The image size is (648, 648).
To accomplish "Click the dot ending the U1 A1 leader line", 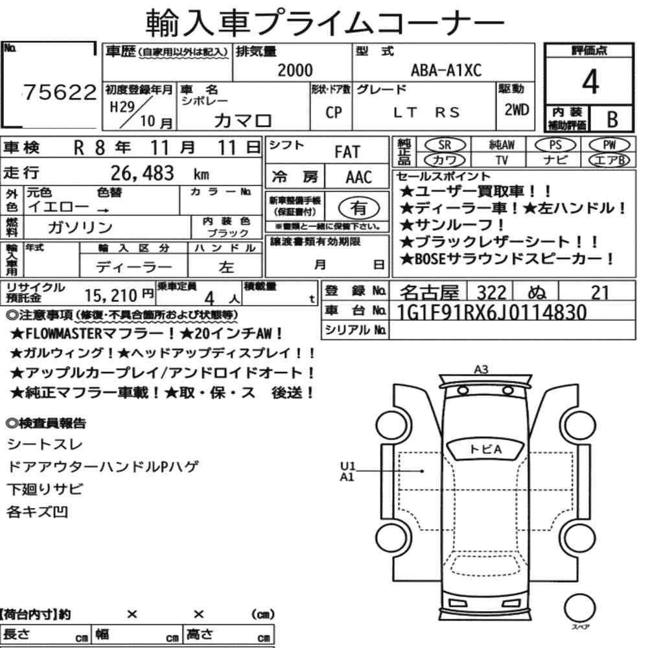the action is pos(422,471).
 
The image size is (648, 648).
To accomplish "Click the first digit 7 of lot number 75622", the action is pos(30,92).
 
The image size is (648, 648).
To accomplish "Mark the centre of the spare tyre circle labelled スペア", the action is pos(579,608).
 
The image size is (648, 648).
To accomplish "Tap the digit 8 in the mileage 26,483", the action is pos(154,173).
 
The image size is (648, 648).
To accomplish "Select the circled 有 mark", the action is pos(359,208).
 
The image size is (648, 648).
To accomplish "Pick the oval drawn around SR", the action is pos(445,145).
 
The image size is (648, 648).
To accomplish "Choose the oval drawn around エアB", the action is pos(610,160).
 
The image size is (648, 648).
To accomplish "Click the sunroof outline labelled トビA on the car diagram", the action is pos(485,449).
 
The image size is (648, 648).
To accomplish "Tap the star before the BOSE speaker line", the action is pos(407,259).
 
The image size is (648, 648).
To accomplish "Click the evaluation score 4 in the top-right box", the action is pos(590,82).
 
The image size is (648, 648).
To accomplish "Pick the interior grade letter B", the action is pos(612,119).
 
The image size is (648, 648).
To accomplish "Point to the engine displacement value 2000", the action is pos(295,70).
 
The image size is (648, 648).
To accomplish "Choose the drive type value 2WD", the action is pos(516,110).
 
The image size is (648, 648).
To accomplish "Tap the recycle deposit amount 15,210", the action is pos(111,295).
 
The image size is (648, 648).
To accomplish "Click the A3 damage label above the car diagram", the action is pos(481,369).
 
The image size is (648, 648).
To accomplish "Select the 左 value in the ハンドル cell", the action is pos(226,267).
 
